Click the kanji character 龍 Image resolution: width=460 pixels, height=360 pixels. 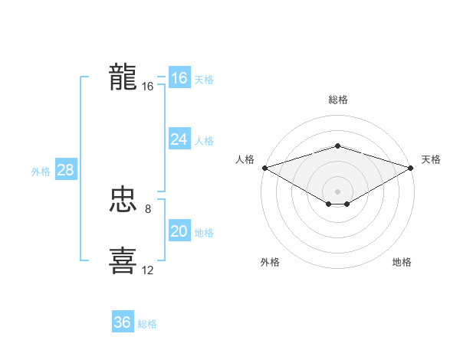coord(123,77)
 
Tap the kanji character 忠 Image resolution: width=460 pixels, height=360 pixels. coord(123,201)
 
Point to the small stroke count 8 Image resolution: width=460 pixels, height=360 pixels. coord(148,208)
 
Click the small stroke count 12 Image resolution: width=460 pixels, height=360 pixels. coord(148,270)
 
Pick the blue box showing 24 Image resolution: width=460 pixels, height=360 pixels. coord(179,139)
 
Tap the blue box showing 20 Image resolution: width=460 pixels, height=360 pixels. coord(179,231)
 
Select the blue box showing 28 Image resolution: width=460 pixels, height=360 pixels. coord(65,170)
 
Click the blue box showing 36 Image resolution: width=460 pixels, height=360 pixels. coord(122,322)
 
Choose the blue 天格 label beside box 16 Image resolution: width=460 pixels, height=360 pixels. coord(204,80)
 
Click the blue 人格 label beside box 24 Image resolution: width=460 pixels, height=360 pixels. coord(204,141)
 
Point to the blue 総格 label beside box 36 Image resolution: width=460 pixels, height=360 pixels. coord(147,324)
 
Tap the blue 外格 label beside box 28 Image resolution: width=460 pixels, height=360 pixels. coord(41,172)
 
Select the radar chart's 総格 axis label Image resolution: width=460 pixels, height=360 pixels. coord(337,100)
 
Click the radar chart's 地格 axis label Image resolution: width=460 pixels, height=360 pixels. coord(402,262)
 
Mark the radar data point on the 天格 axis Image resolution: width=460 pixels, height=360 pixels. coord(412,168)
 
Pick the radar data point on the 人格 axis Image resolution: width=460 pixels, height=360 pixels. coord(264,168)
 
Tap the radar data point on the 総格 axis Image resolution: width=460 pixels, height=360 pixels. coord(337,146)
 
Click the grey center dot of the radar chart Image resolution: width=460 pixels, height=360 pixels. coord(337,191)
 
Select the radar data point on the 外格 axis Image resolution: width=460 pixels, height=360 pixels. coord(329,204)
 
